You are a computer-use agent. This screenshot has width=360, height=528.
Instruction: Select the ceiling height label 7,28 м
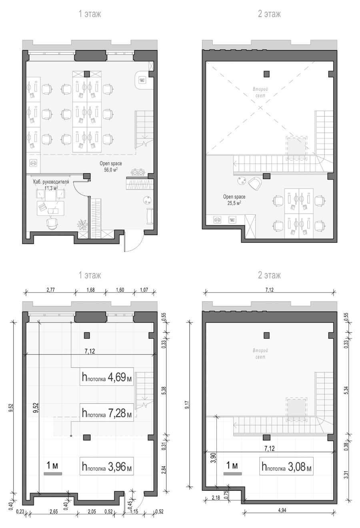[x=106, y=413]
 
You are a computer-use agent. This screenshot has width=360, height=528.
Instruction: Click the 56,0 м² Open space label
[x=110, y=166]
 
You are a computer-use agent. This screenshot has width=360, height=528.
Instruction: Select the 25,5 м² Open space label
[x=234, y=200]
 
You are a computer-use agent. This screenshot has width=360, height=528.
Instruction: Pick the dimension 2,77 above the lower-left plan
[x=50, y=290]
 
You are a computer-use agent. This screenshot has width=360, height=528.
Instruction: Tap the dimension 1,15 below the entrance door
[x=134, y=518]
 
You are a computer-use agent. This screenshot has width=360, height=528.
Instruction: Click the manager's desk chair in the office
[x=52, y=223]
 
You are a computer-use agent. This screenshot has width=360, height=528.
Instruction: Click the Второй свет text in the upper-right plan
[x=260, y=92]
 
